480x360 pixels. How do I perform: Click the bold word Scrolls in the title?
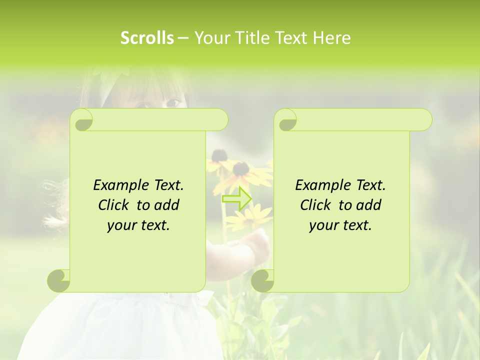coord(147,38)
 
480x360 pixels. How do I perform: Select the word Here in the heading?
coord(332,38)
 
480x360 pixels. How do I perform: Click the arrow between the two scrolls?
coord(236,198)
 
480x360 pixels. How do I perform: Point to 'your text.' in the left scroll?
coord(138,225)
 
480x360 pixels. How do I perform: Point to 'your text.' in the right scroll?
coord(340,225)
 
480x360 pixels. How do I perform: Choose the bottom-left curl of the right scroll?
coord(262,280)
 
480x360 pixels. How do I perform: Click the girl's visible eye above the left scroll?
coord(173,102)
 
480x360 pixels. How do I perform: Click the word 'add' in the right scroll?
coord(370,205)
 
